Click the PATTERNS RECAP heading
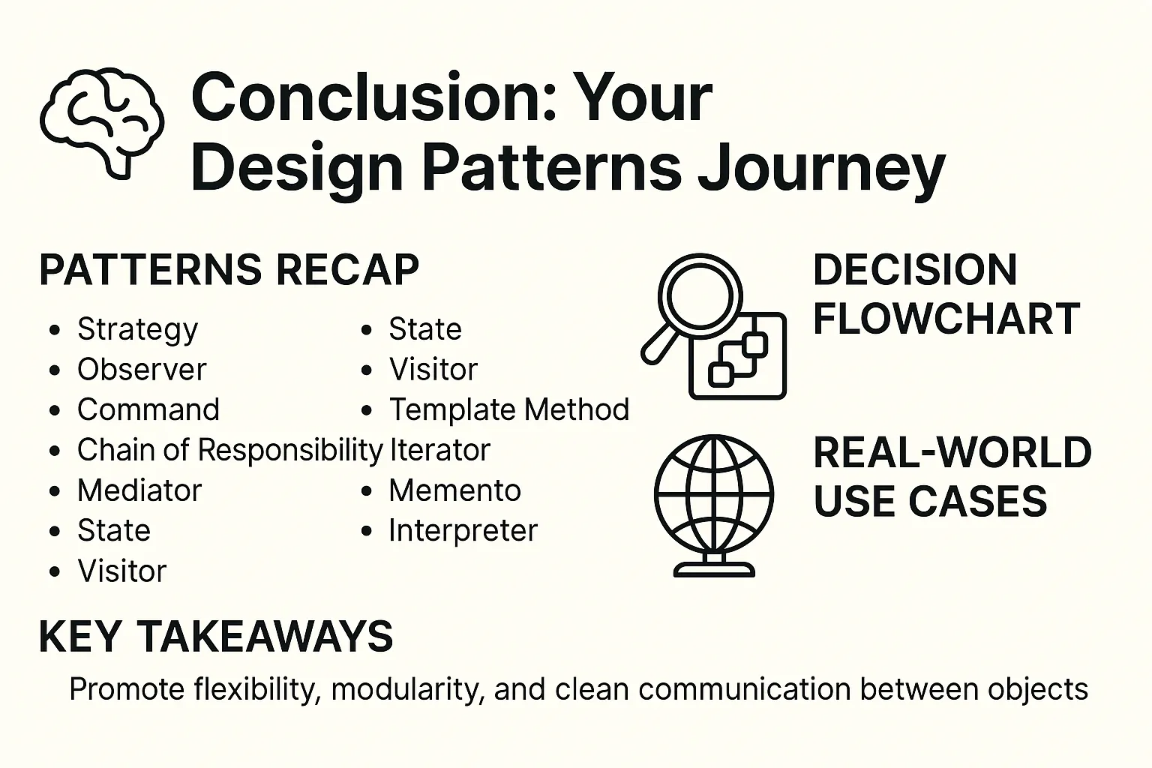[229, 269]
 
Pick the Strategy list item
[137, 329]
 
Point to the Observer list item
[142, 369]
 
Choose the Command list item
[148, 409]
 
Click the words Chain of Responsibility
[230, 450]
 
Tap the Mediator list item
[139, 490]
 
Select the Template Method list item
[509, 409]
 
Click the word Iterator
[439, 450]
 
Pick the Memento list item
[454, 490]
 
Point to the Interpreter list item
[463, 530]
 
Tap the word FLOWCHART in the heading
[946, 319]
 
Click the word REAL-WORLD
[952, 452]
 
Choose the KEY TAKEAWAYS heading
[216, 636]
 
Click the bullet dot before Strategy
[55, 330]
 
